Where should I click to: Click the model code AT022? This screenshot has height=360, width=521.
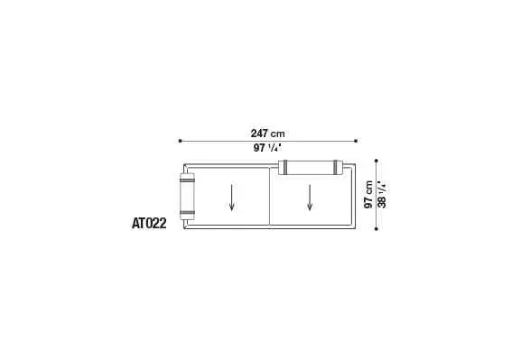point(149,223)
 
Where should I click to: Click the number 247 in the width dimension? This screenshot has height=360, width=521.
point(259,134)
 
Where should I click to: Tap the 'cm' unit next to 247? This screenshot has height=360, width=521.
point(277,134)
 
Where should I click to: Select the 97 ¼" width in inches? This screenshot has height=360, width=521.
point(267,148)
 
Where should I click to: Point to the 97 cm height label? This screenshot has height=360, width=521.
point(368,195)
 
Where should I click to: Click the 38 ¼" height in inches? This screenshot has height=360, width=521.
point(382,195)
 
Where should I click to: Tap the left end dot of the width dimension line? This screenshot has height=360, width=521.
point(180,141)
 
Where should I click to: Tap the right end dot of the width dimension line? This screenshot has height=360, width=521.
point(356,141)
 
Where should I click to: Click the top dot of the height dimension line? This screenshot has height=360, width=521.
point(377,161)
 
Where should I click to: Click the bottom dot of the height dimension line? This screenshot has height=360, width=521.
point(377,229)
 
